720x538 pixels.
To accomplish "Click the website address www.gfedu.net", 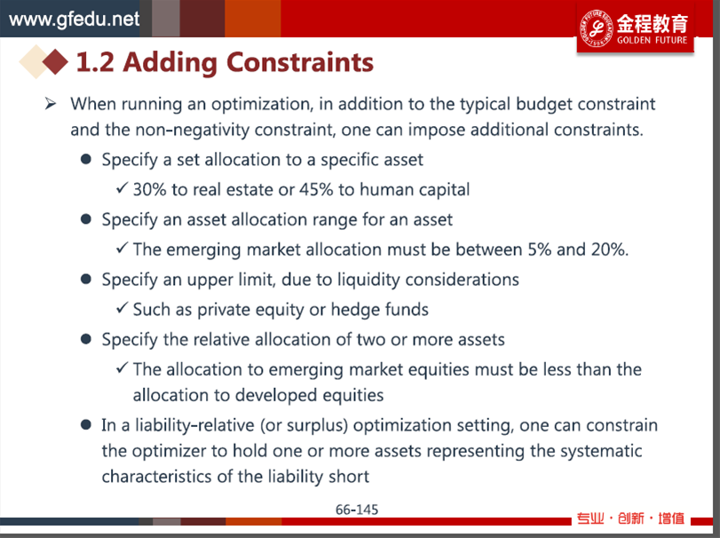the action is coord(74,19).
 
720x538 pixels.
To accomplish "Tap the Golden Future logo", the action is coord(635,28).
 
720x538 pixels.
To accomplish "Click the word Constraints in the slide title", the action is coord(300,62).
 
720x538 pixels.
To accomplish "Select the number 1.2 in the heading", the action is coord(95,62).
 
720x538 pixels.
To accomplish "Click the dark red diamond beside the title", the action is coord(55,61).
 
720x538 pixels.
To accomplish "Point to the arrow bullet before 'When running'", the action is coord(51,104).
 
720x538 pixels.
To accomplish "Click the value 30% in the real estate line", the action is coord(150,189).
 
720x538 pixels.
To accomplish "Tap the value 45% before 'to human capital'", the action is coord(316,189).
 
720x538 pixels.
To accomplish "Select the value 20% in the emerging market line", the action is coord(609,249).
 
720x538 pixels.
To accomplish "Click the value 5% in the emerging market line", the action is coord(540,249).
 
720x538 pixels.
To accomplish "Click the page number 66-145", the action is coord(357,510).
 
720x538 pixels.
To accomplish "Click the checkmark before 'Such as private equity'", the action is coord(123,307).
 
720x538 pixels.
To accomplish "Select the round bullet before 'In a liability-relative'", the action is coord(85,424).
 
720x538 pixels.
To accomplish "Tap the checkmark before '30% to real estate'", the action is coord(123,187).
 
